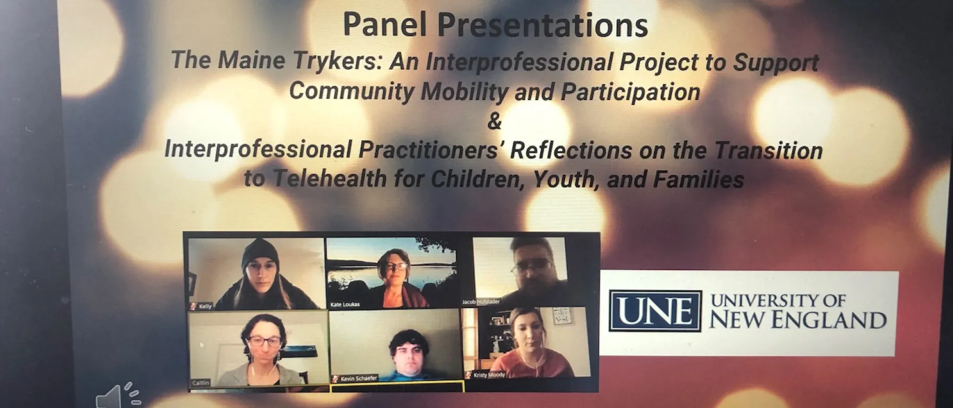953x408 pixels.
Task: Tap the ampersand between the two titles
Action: coord(494,121)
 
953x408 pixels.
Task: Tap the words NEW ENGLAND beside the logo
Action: coord(798,319)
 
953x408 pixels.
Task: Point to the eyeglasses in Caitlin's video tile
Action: coord(264,342)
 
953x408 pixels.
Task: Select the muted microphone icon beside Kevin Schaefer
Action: coord(336,378)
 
